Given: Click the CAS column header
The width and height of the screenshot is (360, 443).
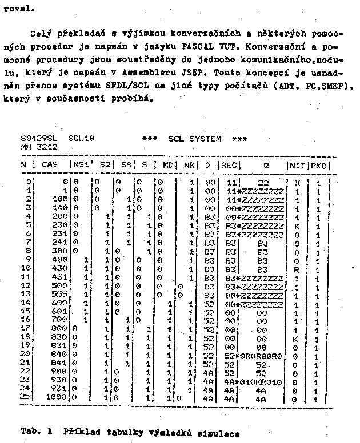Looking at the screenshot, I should coord(50,165).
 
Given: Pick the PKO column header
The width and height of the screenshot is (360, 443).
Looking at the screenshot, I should coord(319,165).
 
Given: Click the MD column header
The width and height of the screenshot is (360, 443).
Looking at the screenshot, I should coord(168,165).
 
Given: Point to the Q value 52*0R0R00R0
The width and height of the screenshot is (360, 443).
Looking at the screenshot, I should coord(259,355).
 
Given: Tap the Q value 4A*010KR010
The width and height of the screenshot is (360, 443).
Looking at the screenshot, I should coord(259,380).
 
